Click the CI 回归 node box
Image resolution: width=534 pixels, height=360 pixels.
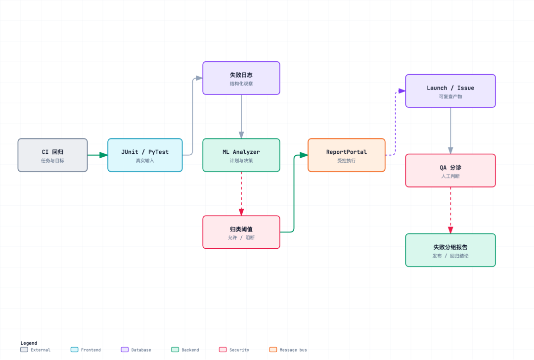tap(53, 155)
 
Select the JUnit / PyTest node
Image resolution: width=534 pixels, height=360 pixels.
tap(145, 155)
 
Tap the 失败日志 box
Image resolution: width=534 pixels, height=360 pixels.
tap(241, 78)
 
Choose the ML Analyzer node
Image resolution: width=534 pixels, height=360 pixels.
tap(241, 155)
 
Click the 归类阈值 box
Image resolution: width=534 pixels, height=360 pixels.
tap(241, 232)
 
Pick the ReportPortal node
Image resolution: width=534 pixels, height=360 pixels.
tap(346, 155)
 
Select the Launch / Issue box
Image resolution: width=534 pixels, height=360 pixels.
tap(450, 91)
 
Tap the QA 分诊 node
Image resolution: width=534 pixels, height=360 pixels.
tap(450, 171)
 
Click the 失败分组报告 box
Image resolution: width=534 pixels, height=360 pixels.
tap(450, 250)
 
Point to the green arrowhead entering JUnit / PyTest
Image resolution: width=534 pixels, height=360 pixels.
tap(103, 155)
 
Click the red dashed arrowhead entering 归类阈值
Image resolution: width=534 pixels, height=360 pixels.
tap(241, 212)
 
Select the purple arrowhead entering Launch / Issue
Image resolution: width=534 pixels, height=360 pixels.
tap(401, 91)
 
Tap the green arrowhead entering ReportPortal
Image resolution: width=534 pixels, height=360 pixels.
tap(304, 155)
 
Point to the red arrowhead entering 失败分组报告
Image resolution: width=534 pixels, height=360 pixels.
tap(450, 230)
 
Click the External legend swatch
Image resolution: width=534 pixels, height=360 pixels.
tap(24, 350)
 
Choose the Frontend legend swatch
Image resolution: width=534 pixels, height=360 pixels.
tap(74, 350)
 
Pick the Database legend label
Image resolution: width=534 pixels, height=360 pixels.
tap(141, 350)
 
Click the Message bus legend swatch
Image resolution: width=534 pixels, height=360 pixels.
tap(273, 350)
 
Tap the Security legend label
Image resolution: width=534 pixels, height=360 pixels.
tap(239, 350)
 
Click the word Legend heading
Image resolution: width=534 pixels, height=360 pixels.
tap(29, 343)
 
